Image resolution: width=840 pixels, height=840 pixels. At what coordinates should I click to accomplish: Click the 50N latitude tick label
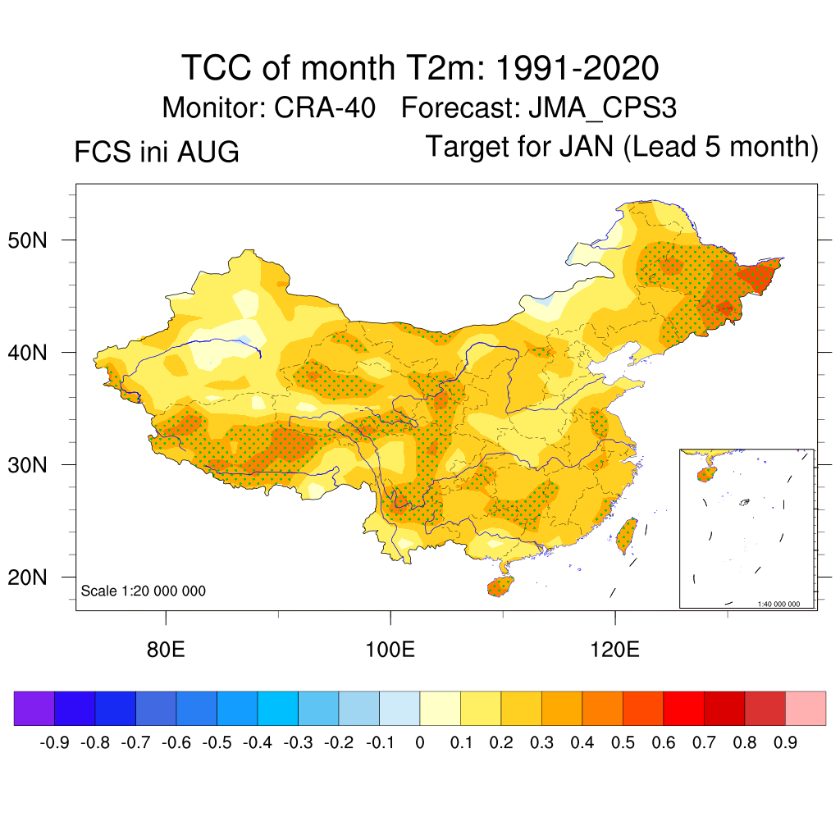coord(27,240)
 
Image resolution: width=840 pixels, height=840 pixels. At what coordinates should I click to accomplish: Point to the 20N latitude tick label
coord(27,577)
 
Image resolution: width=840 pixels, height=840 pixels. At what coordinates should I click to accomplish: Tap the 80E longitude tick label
coord(166,650)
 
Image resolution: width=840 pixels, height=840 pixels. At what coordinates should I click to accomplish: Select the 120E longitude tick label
coord(615,650)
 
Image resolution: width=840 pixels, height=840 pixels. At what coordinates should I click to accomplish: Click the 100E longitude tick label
coord(390,650)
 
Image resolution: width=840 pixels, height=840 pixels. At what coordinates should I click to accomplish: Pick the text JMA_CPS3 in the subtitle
coord(603,108)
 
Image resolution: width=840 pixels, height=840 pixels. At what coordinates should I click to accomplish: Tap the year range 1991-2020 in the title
coord(577,68)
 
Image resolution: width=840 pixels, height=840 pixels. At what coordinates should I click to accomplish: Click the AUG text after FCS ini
coord(208,152)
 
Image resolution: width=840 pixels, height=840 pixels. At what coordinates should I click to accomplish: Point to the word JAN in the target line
coord(586,146)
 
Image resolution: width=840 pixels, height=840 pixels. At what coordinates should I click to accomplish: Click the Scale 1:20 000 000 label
coord(143,591)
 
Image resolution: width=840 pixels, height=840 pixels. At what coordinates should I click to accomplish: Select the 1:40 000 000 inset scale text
coord(778,604)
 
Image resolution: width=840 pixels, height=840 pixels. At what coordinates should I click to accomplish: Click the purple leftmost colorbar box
coord(34,708)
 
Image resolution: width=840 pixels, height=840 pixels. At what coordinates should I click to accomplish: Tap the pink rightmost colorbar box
coord(806,708)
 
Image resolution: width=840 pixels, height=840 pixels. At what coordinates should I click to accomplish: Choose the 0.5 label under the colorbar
coord(623,742)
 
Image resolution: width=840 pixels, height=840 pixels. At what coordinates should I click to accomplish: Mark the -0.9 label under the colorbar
coord(55,742)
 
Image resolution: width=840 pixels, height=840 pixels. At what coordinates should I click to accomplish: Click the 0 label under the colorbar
coord(420,742)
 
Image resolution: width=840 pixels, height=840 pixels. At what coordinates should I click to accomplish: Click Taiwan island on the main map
coord(626,536)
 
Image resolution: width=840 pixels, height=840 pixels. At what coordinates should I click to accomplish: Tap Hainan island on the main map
coord(500,586)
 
